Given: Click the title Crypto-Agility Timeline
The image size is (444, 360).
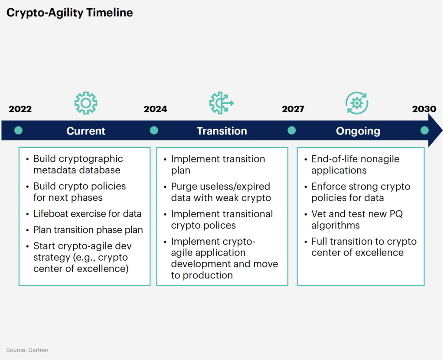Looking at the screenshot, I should pos(69,13).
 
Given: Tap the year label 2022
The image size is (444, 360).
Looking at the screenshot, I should pos(20,109).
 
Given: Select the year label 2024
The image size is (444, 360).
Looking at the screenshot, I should pos(155,109).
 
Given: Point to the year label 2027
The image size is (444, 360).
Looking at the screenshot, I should pos(293,109).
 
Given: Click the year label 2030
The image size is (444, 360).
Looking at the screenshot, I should pos(424,109).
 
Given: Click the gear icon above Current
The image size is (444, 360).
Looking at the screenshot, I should pos(86,103).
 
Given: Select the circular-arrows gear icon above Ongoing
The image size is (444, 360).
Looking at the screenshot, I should pos(357,103).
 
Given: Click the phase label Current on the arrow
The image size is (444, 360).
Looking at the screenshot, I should pos(86,131).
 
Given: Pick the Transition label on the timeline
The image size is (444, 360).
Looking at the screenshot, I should pos(222,131).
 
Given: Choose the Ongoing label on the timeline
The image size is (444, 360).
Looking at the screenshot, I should pos(358,131).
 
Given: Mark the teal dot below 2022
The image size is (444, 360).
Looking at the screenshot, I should pos(18,131).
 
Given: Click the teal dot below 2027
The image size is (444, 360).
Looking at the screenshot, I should pos(291,131).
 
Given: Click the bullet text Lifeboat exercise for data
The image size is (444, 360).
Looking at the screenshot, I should pos(87,214).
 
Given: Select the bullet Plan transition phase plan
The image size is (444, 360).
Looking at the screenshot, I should pos(88,230).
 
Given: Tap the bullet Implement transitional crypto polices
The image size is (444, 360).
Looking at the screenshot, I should pos(222,219).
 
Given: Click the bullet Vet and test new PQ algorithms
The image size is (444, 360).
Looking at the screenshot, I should pos(356,219).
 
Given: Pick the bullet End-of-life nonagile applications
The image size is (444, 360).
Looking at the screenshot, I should pos(355,165).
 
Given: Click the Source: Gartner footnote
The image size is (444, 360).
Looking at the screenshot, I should pos(27,350).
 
